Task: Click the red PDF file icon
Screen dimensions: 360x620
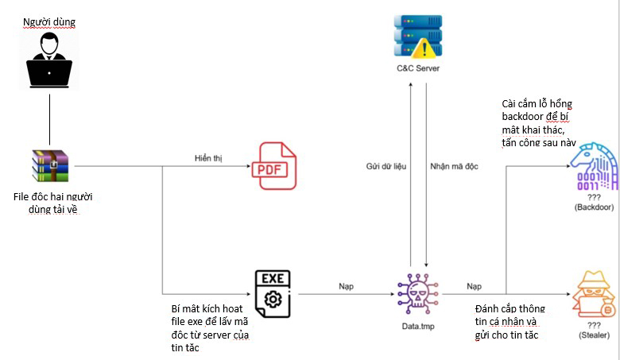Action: (273, 165)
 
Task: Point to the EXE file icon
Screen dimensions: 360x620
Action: (273, 293)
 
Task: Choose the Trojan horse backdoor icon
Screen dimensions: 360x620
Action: (592, 166)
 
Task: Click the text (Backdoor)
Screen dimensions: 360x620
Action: (594, 207)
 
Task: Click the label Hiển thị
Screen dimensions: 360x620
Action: (208, 157)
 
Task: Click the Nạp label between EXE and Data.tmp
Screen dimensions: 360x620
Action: (347, 285)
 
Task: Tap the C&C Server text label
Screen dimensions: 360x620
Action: (417, 68)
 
